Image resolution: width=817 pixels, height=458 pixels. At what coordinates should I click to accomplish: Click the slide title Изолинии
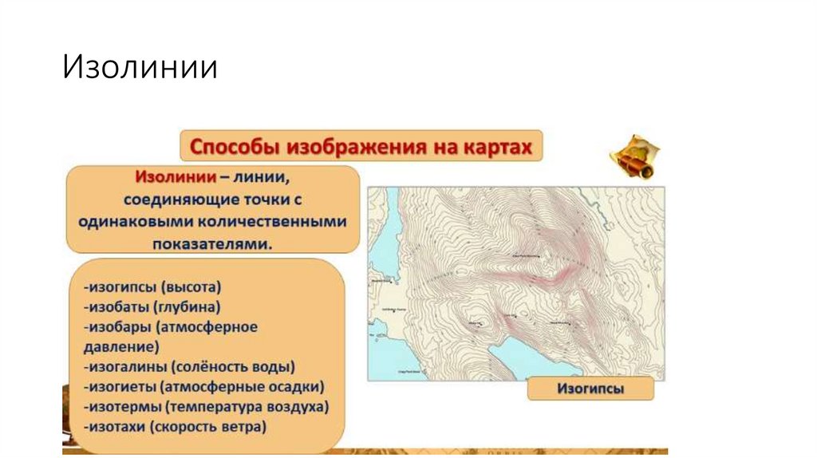click(x=140, y=67)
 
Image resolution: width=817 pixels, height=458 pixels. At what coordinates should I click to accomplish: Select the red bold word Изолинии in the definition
click(x=172, y=177)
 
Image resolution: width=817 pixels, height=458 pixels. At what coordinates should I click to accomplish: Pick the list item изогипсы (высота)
click(x=152, y=285)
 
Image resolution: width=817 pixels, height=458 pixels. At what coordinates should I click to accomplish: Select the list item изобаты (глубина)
click(x=151, y=306)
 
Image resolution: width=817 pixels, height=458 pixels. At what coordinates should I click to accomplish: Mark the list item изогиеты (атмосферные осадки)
click(x=203, y=387)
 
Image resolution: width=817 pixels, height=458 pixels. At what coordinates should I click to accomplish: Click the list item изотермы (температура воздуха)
click(x=206, y=407)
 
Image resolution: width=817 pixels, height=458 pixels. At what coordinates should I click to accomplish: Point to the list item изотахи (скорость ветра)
click(x=174, y=428)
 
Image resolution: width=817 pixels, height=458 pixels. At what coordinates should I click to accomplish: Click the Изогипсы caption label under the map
click(x=590, y=389)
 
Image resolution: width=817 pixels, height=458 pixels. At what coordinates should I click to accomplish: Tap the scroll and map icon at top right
click(x=633, y=156)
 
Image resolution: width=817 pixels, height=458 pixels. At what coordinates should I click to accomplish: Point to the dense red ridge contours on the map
click(x=551, y=275)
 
